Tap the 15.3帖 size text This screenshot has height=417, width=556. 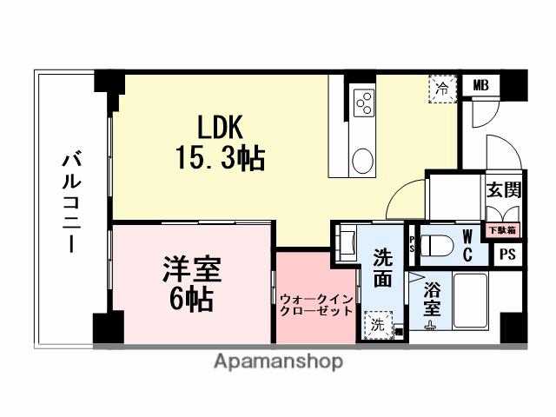218,159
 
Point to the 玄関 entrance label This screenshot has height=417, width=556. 502,191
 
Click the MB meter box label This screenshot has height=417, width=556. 480,85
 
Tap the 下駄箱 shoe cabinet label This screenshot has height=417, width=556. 500,230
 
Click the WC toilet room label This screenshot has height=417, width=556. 467,245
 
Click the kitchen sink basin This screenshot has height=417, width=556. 362,161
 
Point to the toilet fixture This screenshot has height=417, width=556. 436,243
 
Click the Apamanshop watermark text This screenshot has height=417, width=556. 278,361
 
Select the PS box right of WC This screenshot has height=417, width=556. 508,255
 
